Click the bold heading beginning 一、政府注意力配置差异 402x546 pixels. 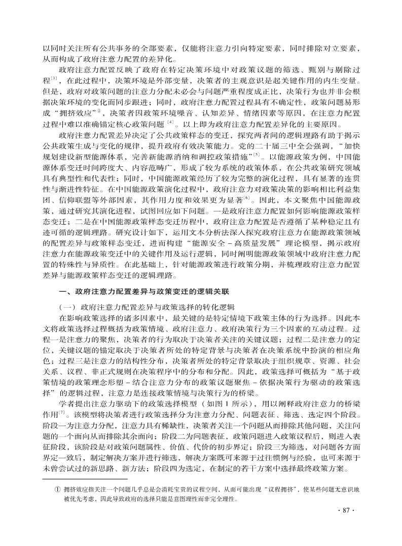pyautogui.click(x=144, y=292)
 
